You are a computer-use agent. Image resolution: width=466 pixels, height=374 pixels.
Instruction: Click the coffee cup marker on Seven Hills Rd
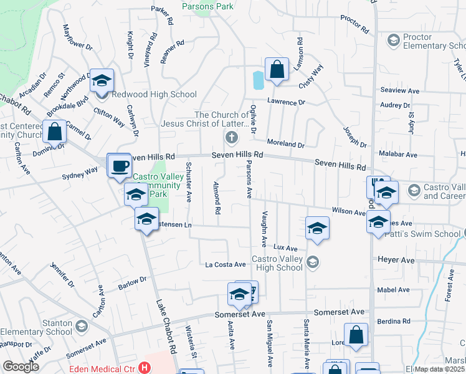coord(119,166)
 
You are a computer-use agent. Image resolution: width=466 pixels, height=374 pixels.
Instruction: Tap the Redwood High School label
coord(154,95)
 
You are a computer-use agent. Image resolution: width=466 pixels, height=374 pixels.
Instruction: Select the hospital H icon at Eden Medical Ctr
coord(146,368)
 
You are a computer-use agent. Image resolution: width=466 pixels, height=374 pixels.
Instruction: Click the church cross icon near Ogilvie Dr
coord(231,137)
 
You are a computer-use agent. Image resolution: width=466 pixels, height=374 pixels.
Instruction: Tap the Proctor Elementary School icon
coord(393,41)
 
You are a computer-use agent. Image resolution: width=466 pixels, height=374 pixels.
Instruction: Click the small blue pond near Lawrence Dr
coord(258,80)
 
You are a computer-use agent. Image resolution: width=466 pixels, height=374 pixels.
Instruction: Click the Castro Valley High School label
coord(277,263)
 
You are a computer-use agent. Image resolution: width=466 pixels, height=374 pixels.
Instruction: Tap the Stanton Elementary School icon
coord(81,327)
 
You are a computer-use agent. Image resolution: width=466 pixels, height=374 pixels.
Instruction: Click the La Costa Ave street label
coord(226,264)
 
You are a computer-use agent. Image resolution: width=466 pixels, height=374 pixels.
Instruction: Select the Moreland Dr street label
coord(286,144)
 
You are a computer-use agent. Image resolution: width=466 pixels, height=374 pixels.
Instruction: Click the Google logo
coord(21,367)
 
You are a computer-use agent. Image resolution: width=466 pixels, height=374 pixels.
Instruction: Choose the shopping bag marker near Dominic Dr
coord(55,132)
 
